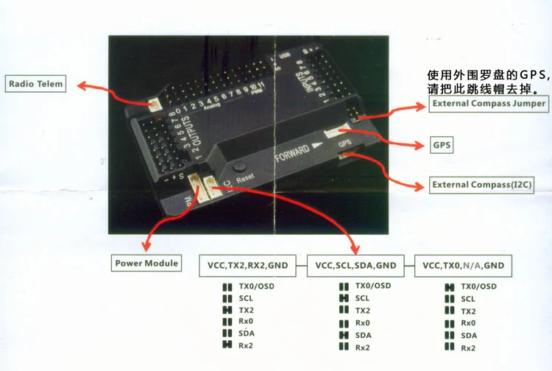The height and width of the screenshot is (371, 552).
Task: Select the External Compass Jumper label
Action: [489, 104]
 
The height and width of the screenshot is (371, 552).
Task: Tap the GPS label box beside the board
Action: [442, 145]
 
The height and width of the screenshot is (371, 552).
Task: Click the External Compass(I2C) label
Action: [482, 184]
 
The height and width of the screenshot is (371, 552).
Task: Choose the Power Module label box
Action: [147, 263]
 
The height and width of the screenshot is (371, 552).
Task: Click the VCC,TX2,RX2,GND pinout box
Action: [248, 265]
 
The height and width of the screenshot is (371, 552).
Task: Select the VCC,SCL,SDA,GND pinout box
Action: [355, 265]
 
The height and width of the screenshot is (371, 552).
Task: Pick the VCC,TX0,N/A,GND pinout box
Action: [463, 265]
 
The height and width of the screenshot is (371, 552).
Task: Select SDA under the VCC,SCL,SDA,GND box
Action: [364, 335]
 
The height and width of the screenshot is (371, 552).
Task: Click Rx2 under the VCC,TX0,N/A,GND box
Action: [468, 347]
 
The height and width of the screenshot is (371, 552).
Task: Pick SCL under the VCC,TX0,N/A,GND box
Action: [468, 298]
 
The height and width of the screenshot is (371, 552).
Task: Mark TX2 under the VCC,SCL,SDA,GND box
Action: [364, 311]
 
